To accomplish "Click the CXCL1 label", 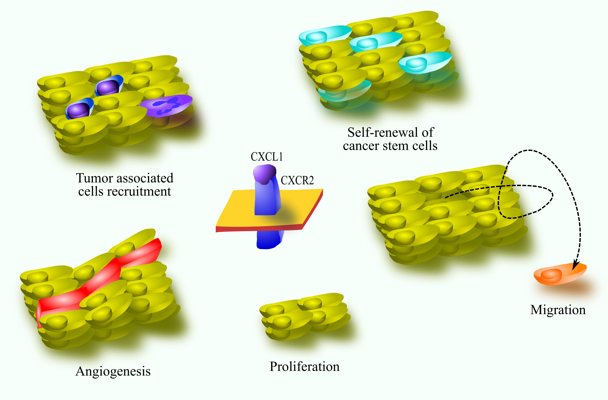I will tap(267, 157).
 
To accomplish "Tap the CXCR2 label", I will tap(297, 180).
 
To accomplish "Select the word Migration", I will tap(558, 310).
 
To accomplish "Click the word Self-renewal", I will tap(381, 132).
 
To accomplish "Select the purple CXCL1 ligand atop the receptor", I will tap(265, 174).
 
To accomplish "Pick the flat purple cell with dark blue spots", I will tap(166, 105).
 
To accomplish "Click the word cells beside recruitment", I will tap(91, 191).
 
